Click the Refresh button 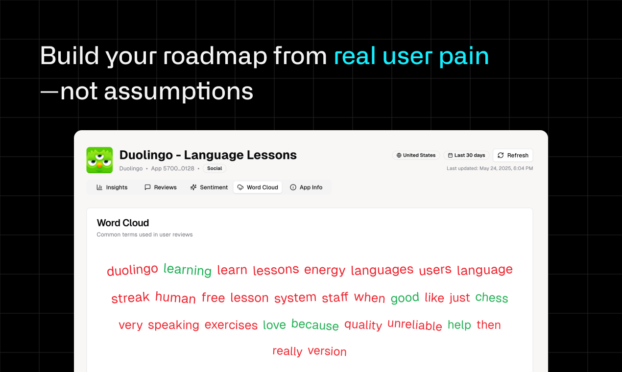513,155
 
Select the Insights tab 112,187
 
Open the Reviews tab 161,187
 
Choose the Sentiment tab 209,187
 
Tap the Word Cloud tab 258,187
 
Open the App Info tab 306,187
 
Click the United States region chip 416,155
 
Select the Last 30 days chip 466,155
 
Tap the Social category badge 215,168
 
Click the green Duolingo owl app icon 99,160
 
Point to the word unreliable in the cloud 414,325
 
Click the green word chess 492,297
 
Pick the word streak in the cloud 130,297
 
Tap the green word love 274,325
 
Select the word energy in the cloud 325,270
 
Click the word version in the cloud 327,351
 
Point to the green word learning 188,270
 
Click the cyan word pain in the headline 464,57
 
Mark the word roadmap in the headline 215,56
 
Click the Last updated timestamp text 490,168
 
